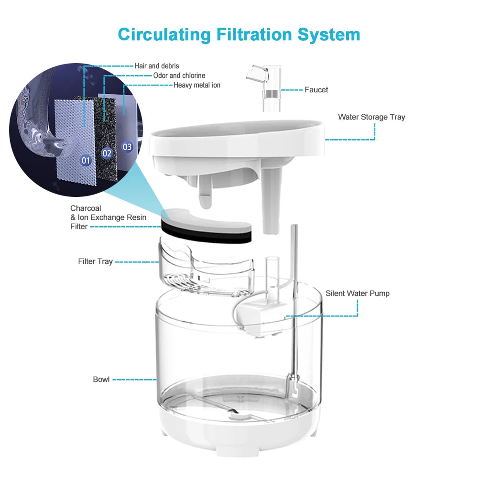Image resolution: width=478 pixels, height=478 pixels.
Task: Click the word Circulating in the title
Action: pos(164,34)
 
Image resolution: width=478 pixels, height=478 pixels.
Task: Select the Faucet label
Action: pos(316,90)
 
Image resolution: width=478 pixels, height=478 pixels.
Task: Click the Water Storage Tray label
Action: pos(371,117)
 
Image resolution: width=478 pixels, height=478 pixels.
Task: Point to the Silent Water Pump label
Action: pos(357,293)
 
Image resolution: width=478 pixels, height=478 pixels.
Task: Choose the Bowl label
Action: pos(101,379)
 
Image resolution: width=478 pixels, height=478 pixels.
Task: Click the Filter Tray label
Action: pos(95,261)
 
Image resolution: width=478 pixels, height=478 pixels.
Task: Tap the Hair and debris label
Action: pos(157,66)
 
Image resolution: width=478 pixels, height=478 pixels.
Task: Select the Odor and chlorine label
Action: pos(179,76)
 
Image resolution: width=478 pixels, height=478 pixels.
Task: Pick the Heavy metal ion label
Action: pos(196,85)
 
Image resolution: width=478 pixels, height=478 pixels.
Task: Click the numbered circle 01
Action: pos(86,160)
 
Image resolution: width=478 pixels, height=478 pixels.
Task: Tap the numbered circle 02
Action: pos(107,153)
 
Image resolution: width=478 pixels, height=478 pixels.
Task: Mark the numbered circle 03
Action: pos(127,147)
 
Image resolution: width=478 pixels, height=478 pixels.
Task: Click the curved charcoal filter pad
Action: pos(206,226)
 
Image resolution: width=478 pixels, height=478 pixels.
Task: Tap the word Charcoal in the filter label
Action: pos(86,208)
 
